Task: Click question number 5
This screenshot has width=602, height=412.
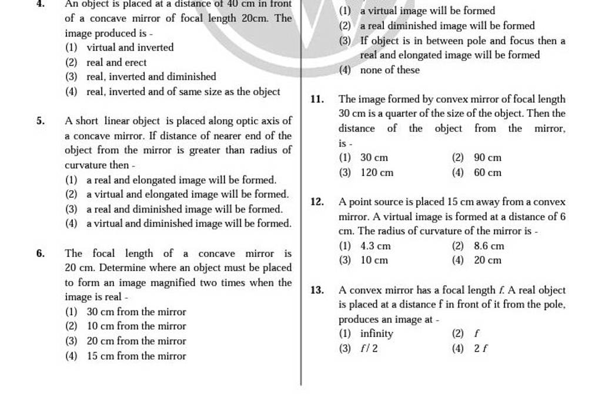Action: coord(41,121)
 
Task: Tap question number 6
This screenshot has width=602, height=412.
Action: coord(41,254)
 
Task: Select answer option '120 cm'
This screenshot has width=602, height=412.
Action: coord(373,173)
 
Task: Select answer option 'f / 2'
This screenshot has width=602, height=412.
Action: coord(367,348)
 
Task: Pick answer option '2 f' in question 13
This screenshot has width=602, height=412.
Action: coord(479,348)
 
